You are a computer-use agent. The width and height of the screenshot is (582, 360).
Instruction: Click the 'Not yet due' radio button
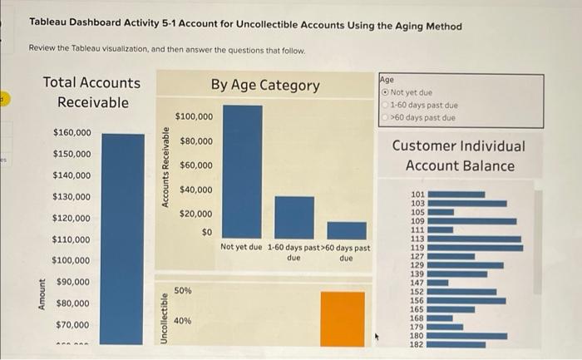tap(385, 93)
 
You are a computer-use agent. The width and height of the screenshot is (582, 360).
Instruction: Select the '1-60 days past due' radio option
tap(385, 106)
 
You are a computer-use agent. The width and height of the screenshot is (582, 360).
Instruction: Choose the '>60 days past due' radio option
tap(385, 118)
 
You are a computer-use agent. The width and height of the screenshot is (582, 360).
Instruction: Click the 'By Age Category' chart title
tap(264, 85)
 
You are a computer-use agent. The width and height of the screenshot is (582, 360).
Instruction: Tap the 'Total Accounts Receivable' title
tap(91, 92)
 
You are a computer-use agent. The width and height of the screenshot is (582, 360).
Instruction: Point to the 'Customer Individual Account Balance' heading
tap(459, 155)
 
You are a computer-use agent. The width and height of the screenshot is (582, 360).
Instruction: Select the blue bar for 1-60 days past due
tap(294, 217)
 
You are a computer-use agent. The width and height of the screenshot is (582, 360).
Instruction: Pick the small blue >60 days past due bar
tap(346, 229)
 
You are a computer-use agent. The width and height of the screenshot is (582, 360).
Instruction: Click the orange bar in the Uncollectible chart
tap(343, 318)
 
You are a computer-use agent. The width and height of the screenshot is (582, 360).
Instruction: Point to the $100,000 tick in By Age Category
tap(194, 116)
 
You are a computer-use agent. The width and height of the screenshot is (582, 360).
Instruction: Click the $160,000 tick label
tap(72, 133)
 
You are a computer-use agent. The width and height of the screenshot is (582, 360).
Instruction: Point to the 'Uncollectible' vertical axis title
tap(165, 316)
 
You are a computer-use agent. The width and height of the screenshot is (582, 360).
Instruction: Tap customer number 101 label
tap(417, 195)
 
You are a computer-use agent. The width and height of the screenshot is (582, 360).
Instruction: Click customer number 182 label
tap(417, 343)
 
